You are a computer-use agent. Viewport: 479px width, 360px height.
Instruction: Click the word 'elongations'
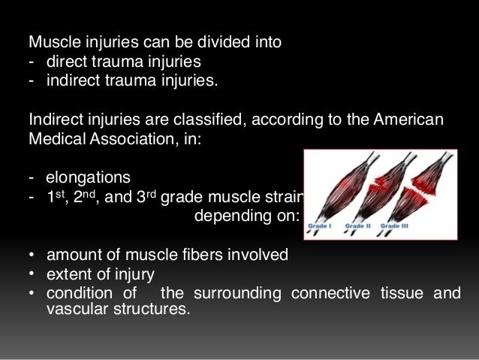88,179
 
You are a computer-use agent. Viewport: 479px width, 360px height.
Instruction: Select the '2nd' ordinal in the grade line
84,197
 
